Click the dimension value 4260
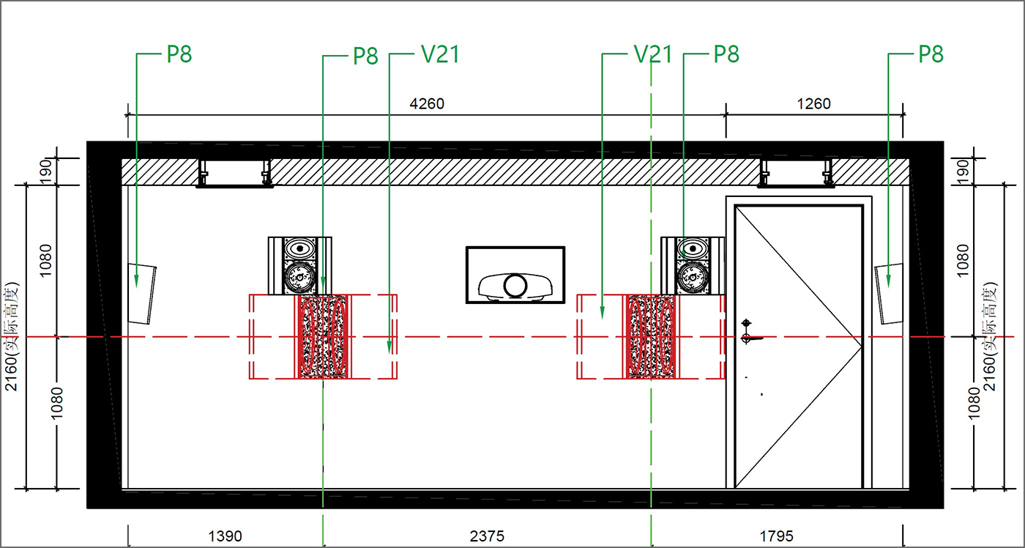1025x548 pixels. click(426, 104)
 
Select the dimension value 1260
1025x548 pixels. click(813, 104)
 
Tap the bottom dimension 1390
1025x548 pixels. click(225, 536)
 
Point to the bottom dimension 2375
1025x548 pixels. click(487, 536)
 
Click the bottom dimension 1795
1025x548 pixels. click(777, 536)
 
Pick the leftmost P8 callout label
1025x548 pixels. click(179, 54)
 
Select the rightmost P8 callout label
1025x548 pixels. click(931, 54)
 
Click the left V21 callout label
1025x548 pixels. click(440, 54)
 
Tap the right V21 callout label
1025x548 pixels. click(653, 54)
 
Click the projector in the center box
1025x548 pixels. click(515, 286)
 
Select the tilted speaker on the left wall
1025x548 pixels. click(142, 294)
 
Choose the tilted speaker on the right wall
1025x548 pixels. click(889, 294)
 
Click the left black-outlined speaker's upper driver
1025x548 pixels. click(299, 248)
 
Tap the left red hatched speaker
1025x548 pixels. click(323, 337)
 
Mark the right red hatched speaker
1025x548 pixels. click(651, 337)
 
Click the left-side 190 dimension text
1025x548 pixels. click(46, 171)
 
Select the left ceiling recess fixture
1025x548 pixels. click(235, 174)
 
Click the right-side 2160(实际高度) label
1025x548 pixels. click(989, 336)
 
